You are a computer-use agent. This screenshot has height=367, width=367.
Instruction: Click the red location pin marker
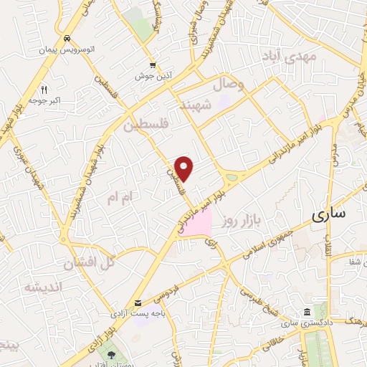pos(185,168)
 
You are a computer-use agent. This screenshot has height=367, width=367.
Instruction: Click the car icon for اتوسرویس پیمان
pos(67,38)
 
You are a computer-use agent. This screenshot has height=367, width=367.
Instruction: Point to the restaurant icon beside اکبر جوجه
pos(44,90)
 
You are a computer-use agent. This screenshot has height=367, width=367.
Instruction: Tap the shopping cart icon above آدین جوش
pos(152,65)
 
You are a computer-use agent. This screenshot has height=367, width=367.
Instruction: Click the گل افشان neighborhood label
pos(89,263)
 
